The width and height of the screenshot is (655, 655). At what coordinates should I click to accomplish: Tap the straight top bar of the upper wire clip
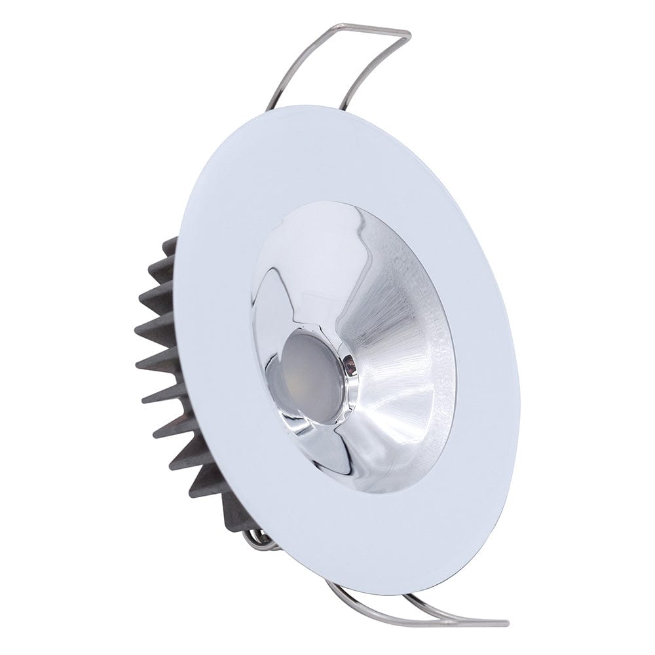pos(371,29)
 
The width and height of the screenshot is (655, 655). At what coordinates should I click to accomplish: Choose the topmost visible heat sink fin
pos(169,248)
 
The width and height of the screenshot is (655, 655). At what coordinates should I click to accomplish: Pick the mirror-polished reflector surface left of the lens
pos(275,308)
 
